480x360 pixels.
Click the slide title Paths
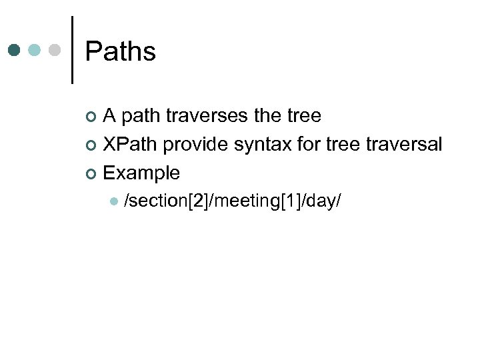(121, 52)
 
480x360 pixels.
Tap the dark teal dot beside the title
(15, 51)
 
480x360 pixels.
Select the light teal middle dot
(35, 51)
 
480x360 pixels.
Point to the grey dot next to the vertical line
(55, 51)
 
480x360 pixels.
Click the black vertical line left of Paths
(72, 50)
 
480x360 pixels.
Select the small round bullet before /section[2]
(114, 201)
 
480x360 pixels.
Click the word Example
(141, 173)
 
